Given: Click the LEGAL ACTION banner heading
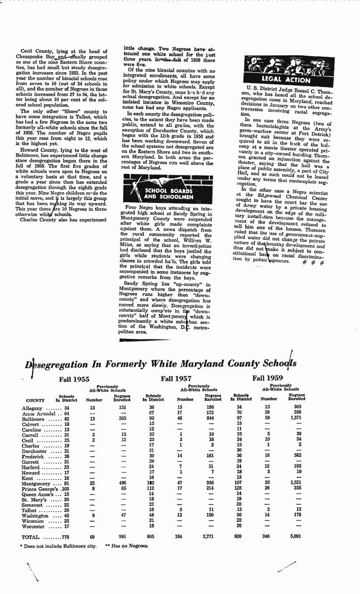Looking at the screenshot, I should [x=285, y=80].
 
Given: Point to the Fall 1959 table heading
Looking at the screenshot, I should [x=268, y=378].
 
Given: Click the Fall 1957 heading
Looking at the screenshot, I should [x=176, y=379].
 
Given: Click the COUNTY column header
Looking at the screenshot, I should [x=35, y=401].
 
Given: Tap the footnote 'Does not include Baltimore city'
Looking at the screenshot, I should [x=59, y=546].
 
